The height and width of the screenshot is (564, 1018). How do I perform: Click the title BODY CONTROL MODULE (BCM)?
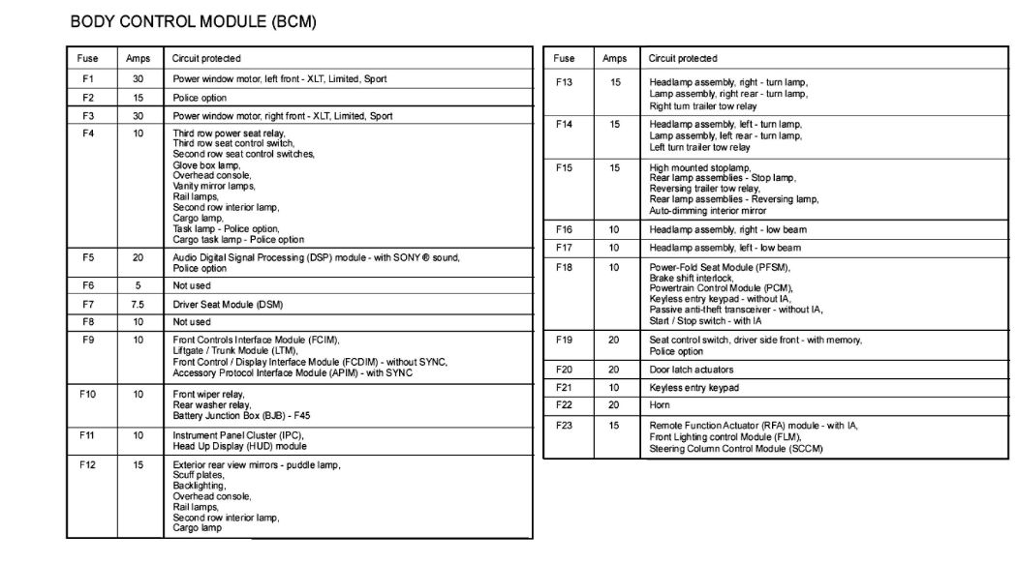coord(193,20)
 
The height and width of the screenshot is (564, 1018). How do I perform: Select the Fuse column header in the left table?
coord(87,59)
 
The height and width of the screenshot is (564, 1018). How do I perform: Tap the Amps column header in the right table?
coord(614,59)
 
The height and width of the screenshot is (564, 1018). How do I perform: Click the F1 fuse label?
coord(87,79)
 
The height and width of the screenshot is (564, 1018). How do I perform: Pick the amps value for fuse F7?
coord(138,305)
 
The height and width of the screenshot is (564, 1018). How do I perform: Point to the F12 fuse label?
coord(88,465)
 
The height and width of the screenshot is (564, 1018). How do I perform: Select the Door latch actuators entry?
coord(691,370)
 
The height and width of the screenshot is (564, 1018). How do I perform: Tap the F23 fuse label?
coord(564,425)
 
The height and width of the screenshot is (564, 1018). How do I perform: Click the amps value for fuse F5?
coord(138,258)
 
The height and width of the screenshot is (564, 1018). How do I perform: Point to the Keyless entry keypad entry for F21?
coord(694,388)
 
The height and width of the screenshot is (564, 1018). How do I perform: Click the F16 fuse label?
coord(564,230)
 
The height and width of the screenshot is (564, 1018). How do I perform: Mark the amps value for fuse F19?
coord(614,341)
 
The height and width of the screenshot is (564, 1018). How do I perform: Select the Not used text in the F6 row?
coord(192,286)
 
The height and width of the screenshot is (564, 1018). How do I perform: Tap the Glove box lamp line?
coord(206,164)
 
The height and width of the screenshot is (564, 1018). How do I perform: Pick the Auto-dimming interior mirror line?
coord(707,210)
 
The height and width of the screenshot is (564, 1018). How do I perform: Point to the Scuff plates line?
coord(197,475)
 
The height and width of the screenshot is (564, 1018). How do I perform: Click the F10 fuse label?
coord(88,395)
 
